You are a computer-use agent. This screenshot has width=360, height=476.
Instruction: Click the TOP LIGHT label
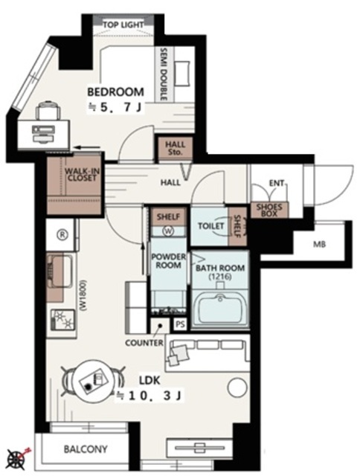(x=123, y=25)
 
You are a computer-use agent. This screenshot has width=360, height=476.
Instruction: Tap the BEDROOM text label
(x=115, y=91)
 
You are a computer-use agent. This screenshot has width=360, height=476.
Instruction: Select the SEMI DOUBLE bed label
(x=164, y=74)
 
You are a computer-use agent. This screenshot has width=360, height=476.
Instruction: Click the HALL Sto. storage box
(x=175, y=149)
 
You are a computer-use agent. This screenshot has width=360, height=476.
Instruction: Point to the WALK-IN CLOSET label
(x=82, y=175)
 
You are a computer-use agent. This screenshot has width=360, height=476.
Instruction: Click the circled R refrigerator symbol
(x=62, y=234)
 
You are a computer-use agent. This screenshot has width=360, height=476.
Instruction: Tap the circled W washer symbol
(x=168, y=231)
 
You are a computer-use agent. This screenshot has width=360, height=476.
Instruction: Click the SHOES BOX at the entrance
(x=269, y=210)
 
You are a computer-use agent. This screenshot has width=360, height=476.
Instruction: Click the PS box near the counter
(x=180, y=324)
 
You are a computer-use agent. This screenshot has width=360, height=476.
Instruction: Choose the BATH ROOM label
(x=220, y=268)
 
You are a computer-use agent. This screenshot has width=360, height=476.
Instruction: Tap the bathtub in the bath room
(x=219, y=309)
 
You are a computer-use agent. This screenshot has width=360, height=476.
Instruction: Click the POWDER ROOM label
(x=168, y=261)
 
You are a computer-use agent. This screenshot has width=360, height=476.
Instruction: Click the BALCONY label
(x=86, y=449)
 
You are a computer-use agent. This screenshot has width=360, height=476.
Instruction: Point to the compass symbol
(x=16, y=460)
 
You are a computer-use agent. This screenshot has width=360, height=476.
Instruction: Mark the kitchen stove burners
(x=62, y=321)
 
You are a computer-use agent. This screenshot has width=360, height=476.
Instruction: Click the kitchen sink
(x=60, y=270)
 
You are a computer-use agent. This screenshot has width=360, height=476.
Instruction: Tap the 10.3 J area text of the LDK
(x=150, y=396)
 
